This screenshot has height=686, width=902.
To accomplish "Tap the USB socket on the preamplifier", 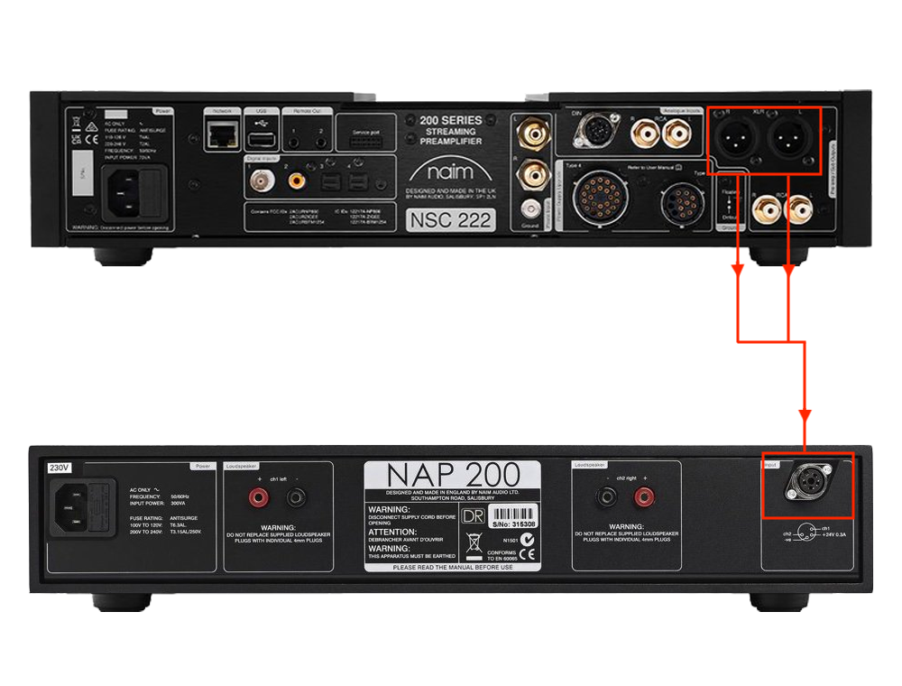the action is coord(262,138).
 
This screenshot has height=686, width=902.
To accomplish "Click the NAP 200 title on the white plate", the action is coord(451,475).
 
